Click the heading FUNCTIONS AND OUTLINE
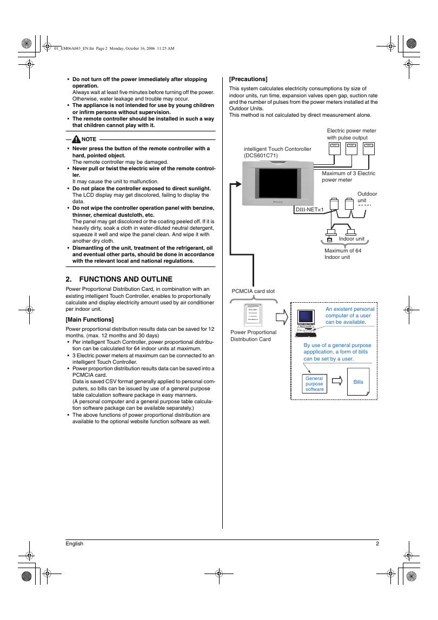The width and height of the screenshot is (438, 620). click(x=125, y=279)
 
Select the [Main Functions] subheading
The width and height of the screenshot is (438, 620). click(x=89, y=319)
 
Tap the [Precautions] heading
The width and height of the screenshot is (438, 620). click(x=248, y=79)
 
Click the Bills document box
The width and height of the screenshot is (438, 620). click(x=358, y=382)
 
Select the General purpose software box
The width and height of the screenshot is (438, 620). click(x=314, y=384)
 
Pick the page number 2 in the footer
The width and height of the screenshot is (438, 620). click(x=377, y=543)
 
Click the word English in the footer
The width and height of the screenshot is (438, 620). click(x=74, y=543)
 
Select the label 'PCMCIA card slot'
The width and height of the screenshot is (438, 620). click(x=253, y=291)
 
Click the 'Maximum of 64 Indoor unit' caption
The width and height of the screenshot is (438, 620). click(x=342, y=254)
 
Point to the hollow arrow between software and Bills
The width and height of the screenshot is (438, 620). click(x=337, y=381)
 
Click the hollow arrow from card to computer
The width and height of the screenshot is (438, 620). click(x=282, y=316)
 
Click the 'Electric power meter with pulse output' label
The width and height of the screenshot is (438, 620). click(x=351, y=134)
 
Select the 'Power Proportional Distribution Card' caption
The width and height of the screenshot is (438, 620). click(x=253, y=336)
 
